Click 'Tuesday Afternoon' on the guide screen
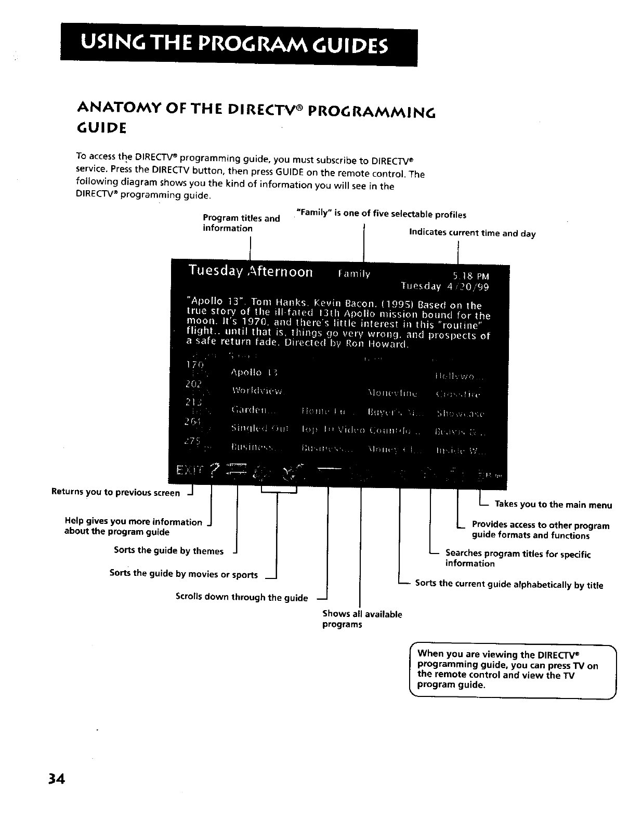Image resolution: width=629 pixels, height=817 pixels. tap(251, 272)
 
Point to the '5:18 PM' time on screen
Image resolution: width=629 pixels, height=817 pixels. tap(471, 276)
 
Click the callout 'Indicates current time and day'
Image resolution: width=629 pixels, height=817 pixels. tap(472, 233)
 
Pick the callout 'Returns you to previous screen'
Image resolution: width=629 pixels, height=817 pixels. tap(115, 492)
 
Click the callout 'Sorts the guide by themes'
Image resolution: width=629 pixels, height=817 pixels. tap(168, 551)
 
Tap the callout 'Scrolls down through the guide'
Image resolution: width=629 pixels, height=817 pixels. tap(242, 597)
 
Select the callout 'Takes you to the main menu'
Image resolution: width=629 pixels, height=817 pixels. tap(553, 505)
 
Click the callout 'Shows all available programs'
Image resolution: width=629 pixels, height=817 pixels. tap(362, 619)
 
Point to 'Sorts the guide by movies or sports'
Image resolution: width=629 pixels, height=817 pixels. tap(184, 574)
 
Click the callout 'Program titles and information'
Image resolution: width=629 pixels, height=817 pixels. tap(241, 223)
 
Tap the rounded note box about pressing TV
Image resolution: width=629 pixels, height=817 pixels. tap(512, 670)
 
